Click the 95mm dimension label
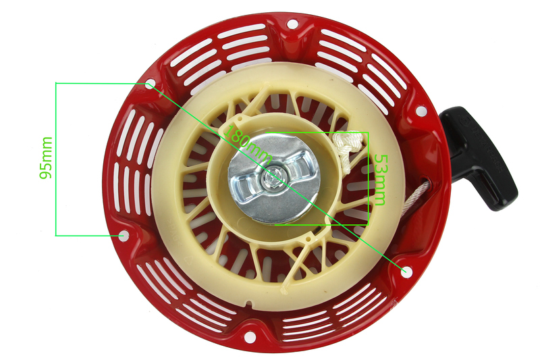46,158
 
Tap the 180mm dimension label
248,144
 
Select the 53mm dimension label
380,180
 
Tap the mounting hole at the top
292,24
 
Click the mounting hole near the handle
421,111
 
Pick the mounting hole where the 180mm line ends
406,271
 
